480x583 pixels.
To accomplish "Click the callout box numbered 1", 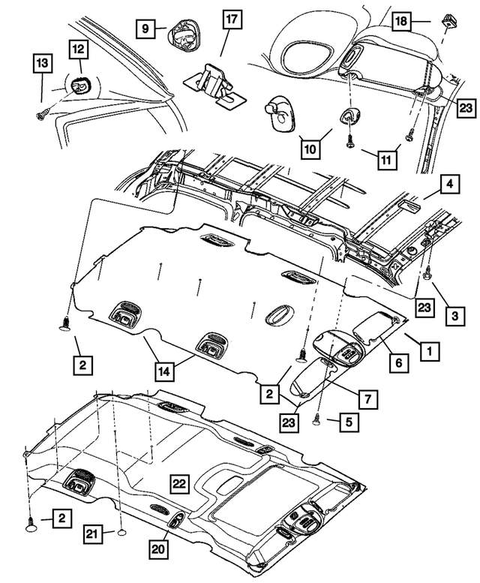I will click(x=430, y=350).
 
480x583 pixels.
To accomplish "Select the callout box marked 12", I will click(x=79, y=50).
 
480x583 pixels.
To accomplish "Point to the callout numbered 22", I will click(x=178, y=484).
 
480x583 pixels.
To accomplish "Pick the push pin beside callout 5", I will click(x=316, y=417).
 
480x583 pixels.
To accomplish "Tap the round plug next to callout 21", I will click(x=119, y=533).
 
